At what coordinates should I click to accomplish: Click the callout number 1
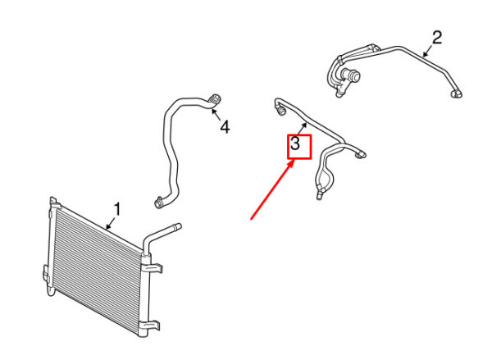click(x=116, y=209)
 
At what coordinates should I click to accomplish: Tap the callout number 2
click(x=437, y=38)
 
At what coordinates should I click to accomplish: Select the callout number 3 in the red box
click(x=295, y=144)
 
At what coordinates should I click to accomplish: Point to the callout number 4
click(x=225, y=127)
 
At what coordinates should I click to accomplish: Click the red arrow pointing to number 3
click(x=273, y=189)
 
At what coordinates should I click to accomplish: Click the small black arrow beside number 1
click(x=111, y=223)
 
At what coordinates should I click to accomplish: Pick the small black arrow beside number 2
click(x=427, y=52)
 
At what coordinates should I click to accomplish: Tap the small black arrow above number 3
click(x=303, y=129)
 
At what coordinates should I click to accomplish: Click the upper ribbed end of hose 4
click(x=215, y=99)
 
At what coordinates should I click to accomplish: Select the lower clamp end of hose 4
click(x=159, y=203)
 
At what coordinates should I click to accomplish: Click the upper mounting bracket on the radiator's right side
click(x=156, y=267)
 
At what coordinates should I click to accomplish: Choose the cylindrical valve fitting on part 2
click(x=352, y=75)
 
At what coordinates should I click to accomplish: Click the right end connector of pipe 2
click(x=457, y=93)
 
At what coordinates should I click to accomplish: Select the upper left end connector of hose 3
click(x=280, y=111)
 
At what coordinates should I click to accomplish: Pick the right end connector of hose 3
click(x=360, y=155)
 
